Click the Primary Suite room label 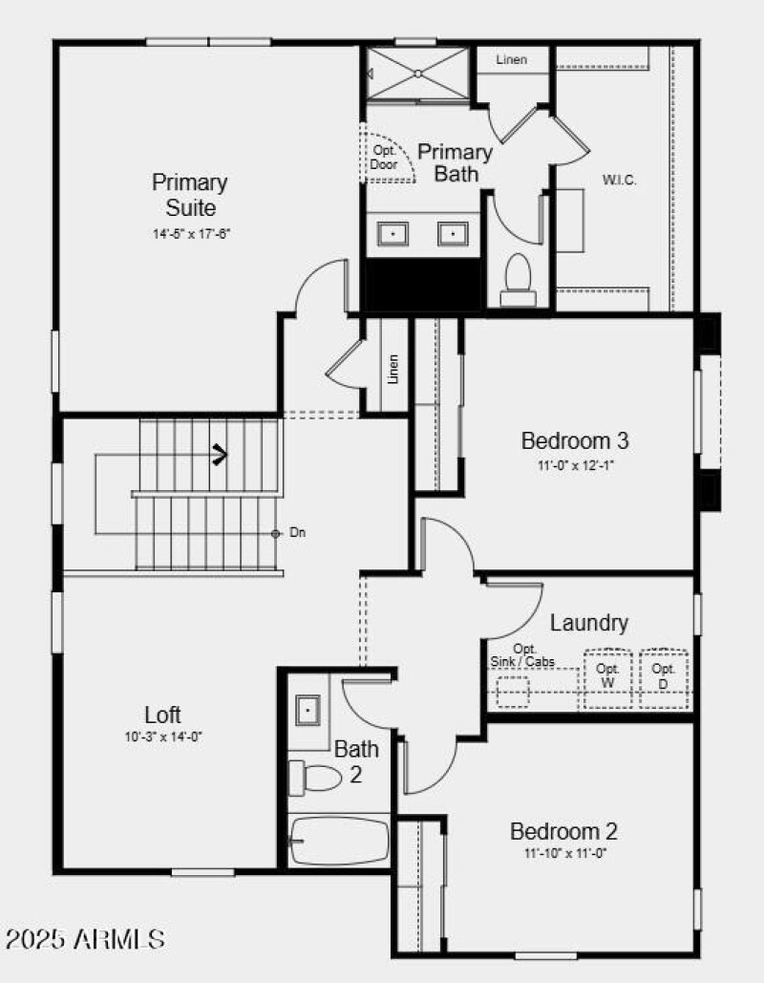tap(190, 194)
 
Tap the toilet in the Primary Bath tap(519, 277)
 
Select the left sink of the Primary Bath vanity tap(393, 234)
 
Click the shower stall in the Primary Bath tap(418, 73)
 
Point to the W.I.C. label tap(619, 180)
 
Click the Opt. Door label tap(384, 158)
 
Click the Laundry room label tap(589, 623)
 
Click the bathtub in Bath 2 tap(340, 841)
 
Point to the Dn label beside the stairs tap(298, 533)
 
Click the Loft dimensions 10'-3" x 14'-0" tap(162, 737)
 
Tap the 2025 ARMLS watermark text tap(85, 939)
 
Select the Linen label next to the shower tap(511, 60)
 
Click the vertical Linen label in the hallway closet tap(393, 370)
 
